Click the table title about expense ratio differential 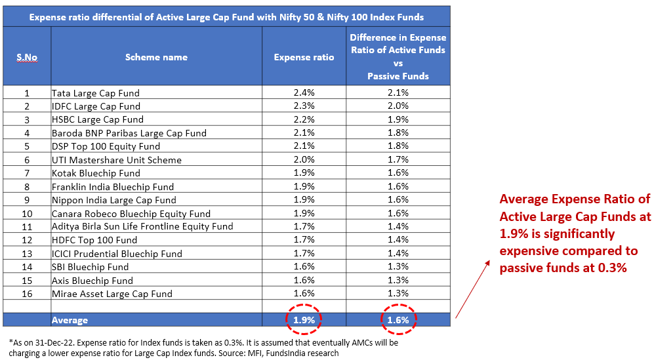[226, 17]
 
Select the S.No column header [27, 57]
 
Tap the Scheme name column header [156, 57]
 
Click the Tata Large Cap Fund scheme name [96, 93]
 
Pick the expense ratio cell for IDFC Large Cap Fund [304, 106]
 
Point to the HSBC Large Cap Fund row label [98, 119]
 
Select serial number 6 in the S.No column [27, 160]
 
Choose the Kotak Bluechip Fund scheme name [96, 173]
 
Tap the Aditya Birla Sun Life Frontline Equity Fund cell [142, 226]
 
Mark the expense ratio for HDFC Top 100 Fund [304, 240]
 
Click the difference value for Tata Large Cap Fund [398, 93]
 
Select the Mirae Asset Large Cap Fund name [112, 293]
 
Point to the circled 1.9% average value [304, 320]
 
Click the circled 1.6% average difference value [398, 320]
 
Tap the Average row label [70, 320]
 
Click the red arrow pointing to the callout [472, 289]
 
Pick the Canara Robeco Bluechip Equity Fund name [131, 213]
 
